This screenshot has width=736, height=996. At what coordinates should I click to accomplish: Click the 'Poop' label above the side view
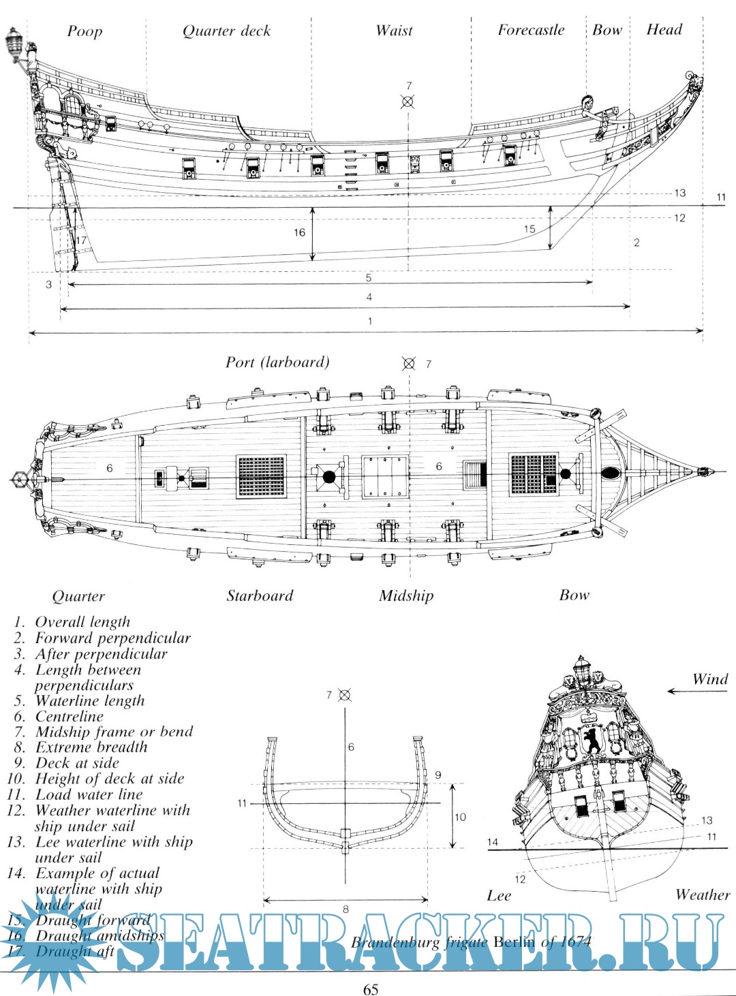point(85,31)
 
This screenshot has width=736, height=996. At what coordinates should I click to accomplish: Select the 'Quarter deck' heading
point(226,31)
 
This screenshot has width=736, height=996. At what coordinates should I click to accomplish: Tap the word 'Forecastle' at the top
point(531,30)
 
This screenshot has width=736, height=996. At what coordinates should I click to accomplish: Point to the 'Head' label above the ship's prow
point(664,29)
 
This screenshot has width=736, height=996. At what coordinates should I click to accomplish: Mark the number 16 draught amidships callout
point(299,233)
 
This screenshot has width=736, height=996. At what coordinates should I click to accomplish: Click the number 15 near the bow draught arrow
point(530,229)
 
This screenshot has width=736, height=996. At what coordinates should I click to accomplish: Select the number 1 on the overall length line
point(370,321)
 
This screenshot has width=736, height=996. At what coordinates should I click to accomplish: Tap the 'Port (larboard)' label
point(277,362)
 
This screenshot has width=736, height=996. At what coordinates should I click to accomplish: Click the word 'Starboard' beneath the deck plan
point(260,596)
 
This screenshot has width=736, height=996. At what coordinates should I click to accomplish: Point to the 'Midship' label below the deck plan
point(406,596)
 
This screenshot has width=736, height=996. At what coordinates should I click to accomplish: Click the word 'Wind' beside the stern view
point(710,679)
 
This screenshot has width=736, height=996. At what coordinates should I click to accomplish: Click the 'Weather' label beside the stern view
point(703,894)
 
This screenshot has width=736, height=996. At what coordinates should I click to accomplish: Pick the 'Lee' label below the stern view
point(499,896)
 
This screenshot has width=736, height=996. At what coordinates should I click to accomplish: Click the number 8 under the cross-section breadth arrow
point(346,909)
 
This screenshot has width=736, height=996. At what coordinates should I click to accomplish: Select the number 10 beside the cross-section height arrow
point(461,817)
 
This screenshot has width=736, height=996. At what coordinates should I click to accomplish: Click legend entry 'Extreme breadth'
point(91,747)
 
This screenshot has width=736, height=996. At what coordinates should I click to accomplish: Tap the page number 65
point(370,989)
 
